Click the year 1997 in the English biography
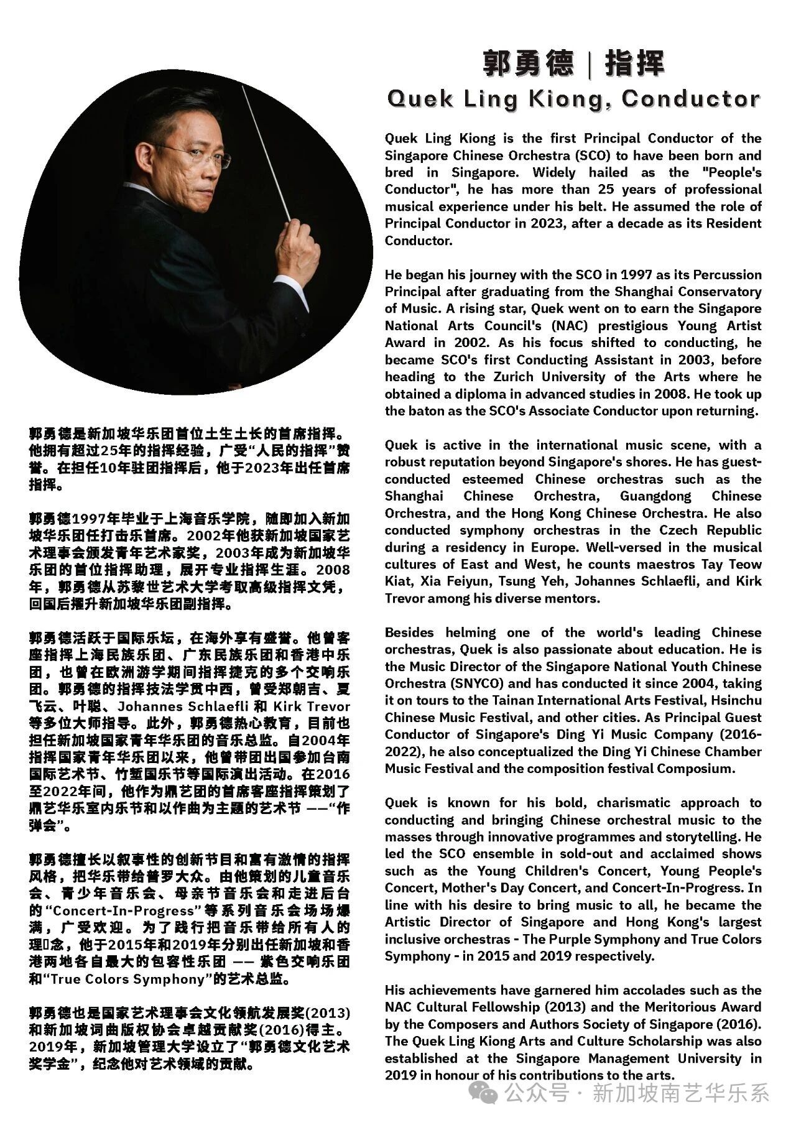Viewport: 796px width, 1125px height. tap(644, 275)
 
